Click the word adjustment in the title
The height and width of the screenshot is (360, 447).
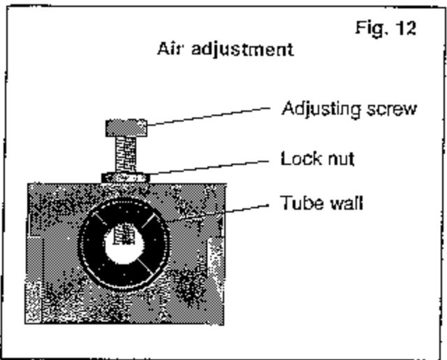coord(242,50)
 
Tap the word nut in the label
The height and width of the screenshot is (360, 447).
coord(341,159)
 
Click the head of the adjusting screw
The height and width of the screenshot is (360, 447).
coord(126,128)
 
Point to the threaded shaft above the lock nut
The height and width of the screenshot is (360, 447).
coord(126,155)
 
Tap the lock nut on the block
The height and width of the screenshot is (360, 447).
coord(126,178)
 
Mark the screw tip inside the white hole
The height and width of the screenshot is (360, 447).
coord(124,234)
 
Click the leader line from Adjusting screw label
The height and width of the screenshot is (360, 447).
coord(209,116)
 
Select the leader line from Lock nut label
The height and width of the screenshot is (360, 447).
coord(209,168)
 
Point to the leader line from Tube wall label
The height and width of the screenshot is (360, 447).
coord(247,208)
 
